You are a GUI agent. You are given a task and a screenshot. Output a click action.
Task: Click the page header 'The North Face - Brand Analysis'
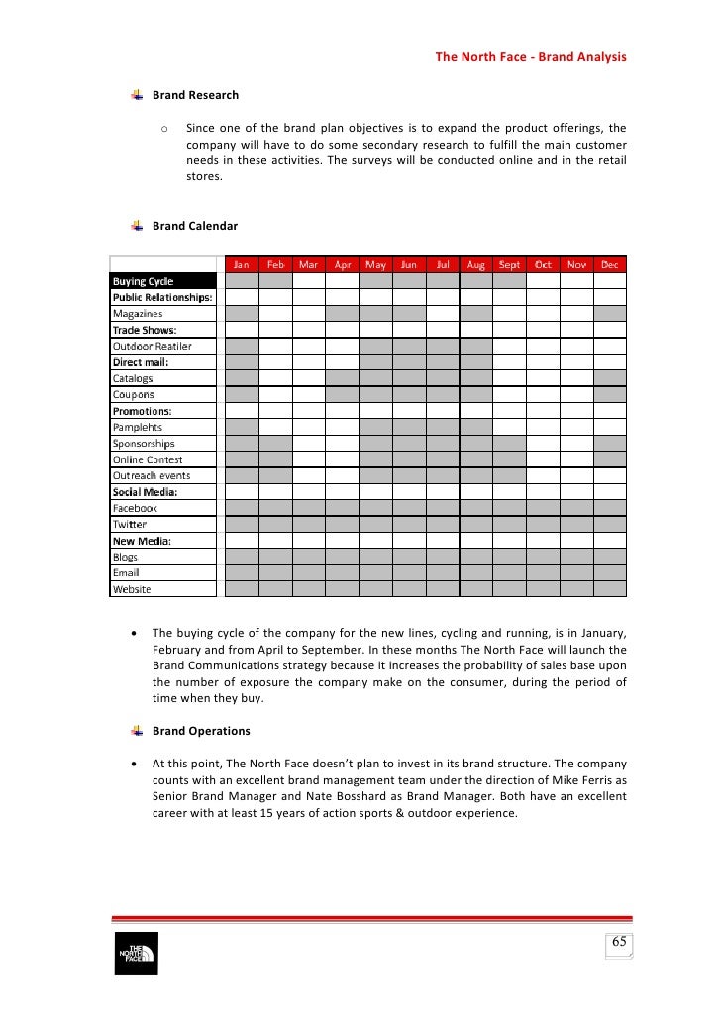(531, 57)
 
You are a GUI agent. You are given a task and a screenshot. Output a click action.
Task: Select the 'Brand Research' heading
(195, 95)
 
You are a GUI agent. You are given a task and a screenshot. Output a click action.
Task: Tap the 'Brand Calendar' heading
(195, 226)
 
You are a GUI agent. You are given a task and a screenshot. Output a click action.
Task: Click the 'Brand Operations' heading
(201, 731)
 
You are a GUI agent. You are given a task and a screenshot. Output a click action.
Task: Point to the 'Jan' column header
(242, 265)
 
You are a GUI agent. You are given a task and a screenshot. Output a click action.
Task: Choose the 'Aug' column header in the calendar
(475, 265)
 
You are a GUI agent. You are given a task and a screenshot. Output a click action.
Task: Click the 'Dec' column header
(609, 265)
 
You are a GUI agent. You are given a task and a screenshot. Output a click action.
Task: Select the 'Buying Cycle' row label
(143, 281)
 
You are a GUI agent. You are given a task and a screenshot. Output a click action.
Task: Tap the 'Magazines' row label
(138, 314)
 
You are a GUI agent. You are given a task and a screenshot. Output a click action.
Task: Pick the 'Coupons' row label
(133, 394)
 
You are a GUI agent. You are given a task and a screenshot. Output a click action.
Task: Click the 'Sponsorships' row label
(143, 444)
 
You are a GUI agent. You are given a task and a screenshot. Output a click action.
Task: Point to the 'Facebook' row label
(135, 508)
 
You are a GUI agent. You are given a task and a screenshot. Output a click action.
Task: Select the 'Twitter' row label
(129, 524)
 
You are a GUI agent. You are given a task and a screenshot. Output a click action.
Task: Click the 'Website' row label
(132, 589)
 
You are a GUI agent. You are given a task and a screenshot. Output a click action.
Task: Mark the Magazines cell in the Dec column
(609, 314)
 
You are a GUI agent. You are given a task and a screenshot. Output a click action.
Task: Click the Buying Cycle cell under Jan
(242, 281)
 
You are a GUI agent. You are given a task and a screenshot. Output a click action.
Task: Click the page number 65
(619, 942)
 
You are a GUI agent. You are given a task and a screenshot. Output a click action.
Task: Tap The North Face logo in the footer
(136, 954)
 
